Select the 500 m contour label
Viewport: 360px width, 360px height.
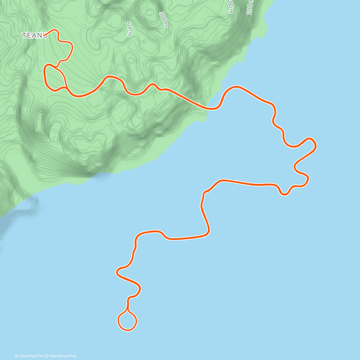pyautogui.click(x=163, y=20)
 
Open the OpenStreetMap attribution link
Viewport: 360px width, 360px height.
pyautogui.click(x=63, y=356)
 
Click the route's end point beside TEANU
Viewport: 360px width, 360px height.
pyautogui.click(x=45, y=35)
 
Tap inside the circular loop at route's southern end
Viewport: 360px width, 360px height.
pyautogui.click(x=127, y=321)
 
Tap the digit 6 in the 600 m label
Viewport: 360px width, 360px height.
pyautogui.click(x=127, y=24)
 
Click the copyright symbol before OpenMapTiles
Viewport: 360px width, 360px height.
pyautogui.click(x=16, y=356)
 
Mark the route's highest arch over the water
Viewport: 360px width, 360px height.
pyautogui.click(x=236, y=87)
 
